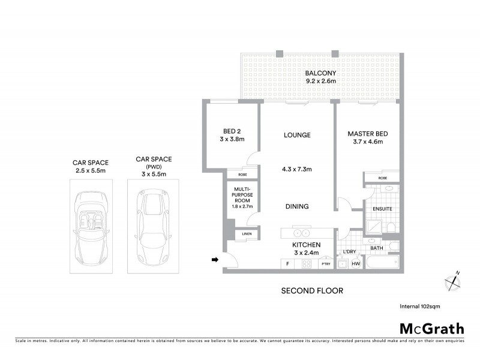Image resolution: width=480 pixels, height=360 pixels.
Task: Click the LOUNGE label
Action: click(297, 136)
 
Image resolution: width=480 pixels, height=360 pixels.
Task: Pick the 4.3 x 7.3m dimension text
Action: click(297, 169)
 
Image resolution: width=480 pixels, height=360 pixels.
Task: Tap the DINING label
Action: click(296, 206)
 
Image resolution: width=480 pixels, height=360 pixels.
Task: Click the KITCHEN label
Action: click(306, 245)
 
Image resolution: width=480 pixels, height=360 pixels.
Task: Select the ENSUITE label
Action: click(382, 209)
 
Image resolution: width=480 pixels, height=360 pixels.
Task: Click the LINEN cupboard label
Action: click(247, 234)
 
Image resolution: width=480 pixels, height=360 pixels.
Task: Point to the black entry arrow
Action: click(214, 260)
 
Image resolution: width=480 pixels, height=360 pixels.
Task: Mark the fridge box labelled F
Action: click(287, 264)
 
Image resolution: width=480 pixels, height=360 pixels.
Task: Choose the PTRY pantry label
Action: click(326, 264)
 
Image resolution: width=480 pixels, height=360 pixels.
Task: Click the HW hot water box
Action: click(356, 264)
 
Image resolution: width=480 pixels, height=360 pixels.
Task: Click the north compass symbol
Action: click(452, 281)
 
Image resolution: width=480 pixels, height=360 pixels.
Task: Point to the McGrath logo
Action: click(431, 328)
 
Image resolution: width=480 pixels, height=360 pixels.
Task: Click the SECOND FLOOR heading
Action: click(312, 291)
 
